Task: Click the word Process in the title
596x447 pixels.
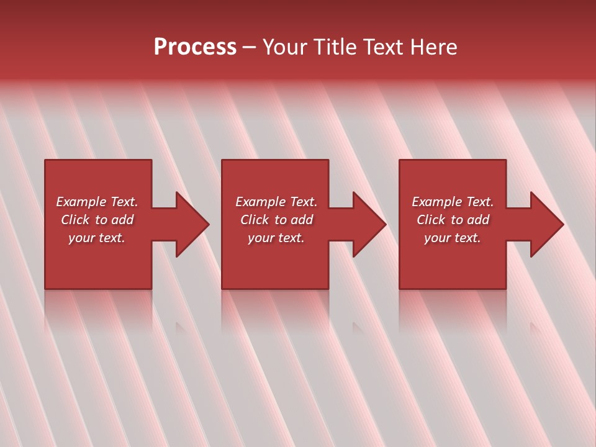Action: (195, 47)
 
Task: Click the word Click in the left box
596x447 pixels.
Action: (75, 220)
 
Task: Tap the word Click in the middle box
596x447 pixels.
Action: (255, 220)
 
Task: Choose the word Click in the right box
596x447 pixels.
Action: (431, 220)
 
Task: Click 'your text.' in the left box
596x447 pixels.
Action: (97, 238)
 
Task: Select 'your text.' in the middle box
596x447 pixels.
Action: (276, 238)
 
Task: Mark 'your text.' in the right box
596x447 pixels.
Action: (453, 238)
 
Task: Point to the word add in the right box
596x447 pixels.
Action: (478, 220)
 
